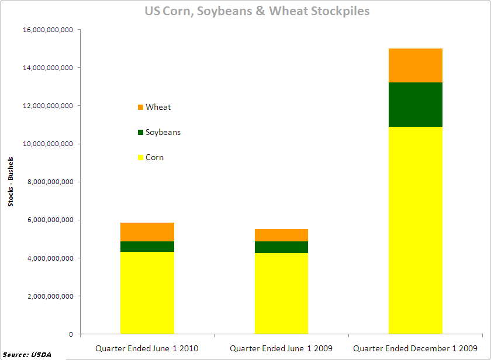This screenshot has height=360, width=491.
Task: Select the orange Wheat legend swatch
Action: tap(140, 108)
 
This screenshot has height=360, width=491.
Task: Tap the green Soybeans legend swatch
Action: tap(140, 133)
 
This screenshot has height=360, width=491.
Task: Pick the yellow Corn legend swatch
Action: tap(140, 158)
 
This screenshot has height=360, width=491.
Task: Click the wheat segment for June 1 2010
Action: tap(147, 232)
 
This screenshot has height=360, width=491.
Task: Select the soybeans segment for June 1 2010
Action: tap(147, 247)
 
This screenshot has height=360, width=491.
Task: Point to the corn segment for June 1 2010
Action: tap(147, 293)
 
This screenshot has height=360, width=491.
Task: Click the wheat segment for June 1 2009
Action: tap(281, 235)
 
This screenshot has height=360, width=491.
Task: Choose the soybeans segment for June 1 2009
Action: tap(281, 247)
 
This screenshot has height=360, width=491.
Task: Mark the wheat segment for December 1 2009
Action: tap(416, 65)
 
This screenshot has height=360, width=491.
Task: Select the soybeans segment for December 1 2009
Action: tap(416, 105)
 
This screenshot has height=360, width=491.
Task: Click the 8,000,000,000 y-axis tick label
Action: tap(48, 182)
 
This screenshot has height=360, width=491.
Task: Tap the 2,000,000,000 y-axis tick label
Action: tap(48, 296)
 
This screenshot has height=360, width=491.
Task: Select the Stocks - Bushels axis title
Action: tap(11, 182)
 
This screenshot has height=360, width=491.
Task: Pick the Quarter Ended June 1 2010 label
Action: tap(147, 348)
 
